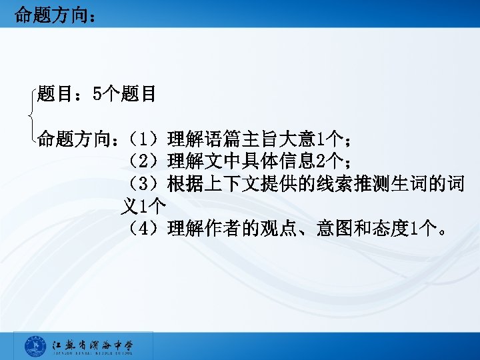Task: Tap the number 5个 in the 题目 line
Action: [105, 94]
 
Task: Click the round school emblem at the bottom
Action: [35, 346]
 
